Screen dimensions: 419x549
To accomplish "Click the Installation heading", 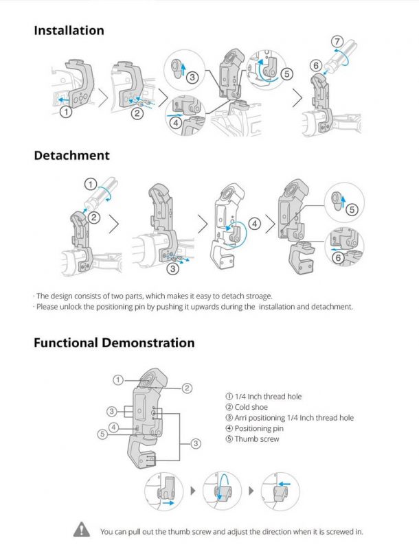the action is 69,30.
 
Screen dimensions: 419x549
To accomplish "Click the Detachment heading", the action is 72,156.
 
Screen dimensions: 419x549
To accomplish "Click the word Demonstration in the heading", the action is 148,342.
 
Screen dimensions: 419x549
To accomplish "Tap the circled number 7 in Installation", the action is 337,42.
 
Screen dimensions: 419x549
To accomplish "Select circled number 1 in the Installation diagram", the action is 66,112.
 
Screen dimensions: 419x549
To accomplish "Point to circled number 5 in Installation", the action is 286,74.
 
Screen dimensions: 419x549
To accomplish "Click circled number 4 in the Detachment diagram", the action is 255,224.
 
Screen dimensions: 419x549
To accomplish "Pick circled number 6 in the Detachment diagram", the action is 339,258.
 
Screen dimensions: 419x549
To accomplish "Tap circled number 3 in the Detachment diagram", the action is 172,269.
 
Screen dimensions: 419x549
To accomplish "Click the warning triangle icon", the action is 82,529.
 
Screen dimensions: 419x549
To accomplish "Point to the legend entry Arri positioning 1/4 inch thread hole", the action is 290,418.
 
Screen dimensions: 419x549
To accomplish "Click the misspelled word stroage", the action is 258,296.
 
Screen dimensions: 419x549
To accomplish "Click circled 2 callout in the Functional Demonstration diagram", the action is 187,388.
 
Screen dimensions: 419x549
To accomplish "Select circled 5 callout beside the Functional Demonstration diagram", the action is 102,434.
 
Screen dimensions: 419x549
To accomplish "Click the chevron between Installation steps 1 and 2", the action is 103,97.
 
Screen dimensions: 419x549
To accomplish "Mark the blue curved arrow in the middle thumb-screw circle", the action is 220,485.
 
